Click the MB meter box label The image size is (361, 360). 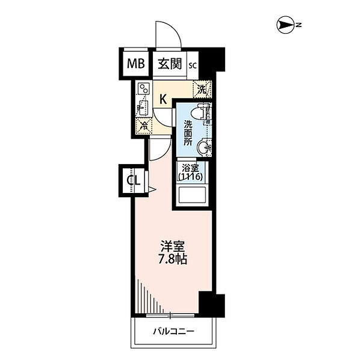[x=136, y=64]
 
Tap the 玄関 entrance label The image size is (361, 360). [x=170, y=64]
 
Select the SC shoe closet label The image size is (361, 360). [x=193, y=66]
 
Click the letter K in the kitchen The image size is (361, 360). [x=163, y=100]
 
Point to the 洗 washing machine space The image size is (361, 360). [x=202, y=90]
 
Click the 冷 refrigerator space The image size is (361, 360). [x=144, y=126]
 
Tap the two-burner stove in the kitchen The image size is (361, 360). [x=144, y=88]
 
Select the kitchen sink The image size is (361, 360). [x=143, y=108]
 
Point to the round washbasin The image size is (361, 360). [x=204, y=147]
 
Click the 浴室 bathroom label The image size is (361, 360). [x=190, y=168]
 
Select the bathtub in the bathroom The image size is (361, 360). [x=192, y=195]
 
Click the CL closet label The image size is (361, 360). [x=134, y=180]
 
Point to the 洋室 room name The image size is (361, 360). [x=173, y=246]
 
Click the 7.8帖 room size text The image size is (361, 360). [x=172, y=259]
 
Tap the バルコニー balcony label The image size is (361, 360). [x=174, y=332]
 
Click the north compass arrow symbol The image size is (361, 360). [x=285, y=25]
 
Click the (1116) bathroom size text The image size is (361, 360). [x=190, y=177]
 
